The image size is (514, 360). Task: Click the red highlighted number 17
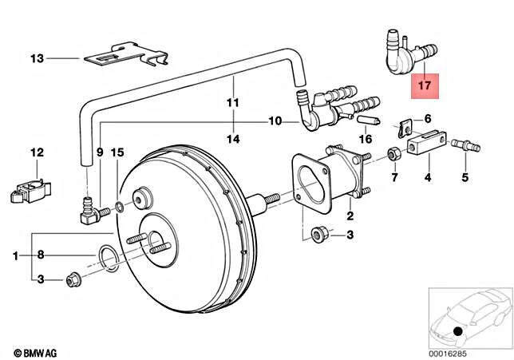click(x=425, y=82)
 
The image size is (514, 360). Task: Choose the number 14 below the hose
click(x=232, y=139)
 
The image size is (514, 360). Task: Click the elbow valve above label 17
click(x=402, y=49)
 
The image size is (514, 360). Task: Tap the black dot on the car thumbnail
click(x=457, y=331)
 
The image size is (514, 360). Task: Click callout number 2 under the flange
click(x=349, y=216)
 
